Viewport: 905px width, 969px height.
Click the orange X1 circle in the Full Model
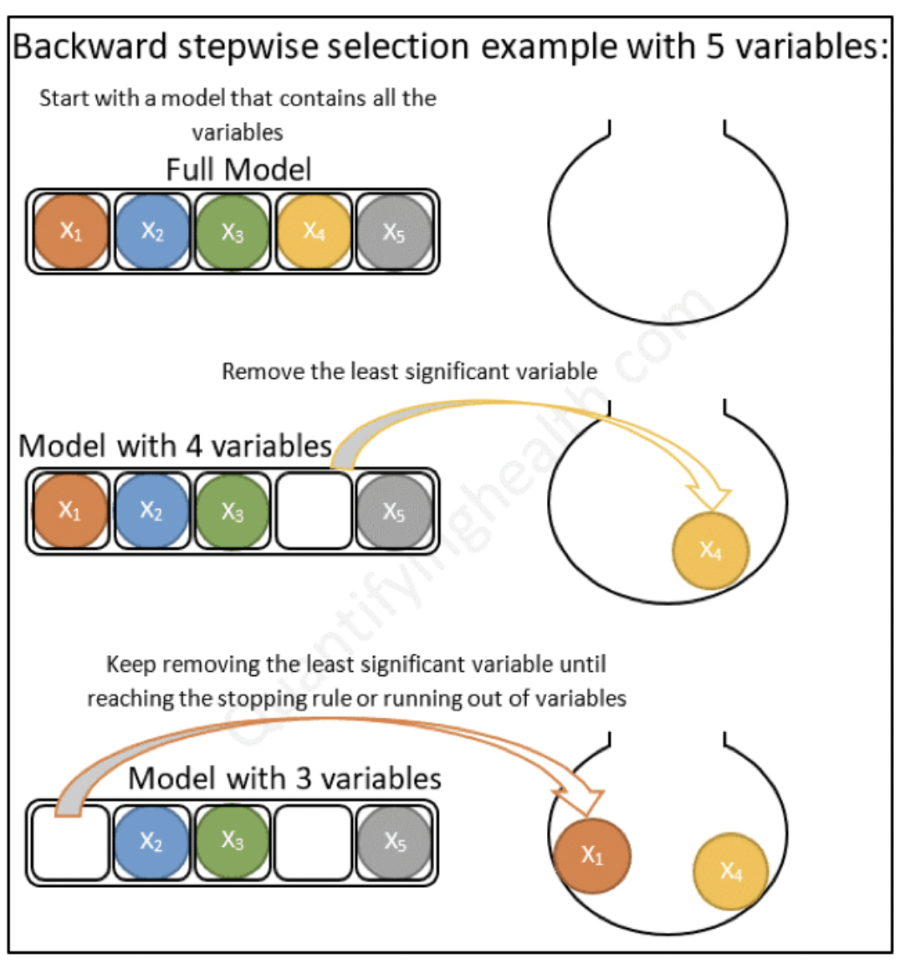pos(71,232)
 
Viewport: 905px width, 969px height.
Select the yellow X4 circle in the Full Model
pos(314,232)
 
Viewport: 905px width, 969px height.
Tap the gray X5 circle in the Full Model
pos(394,232)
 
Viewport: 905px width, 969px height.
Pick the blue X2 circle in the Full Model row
pos(151,232)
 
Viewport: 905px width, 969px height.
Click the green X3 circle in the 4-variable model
pos(233,511)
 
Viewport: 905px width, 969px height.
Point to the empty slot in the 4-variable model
pos(314,511)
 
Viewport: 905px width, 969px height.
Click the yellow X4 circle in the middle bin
pos(711,551)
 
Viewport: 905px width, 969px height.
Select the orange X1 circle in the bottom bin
pos(592,855)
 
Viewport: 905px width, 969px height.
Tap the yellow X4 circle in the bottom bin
pos(730,872)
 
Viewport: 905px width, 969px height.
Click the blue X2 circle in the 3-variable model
pos(151,842)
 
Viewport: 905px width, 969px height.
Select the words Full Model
pos(238,170)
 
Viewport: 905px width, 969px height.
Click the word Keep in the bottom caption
pos(130,664)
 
